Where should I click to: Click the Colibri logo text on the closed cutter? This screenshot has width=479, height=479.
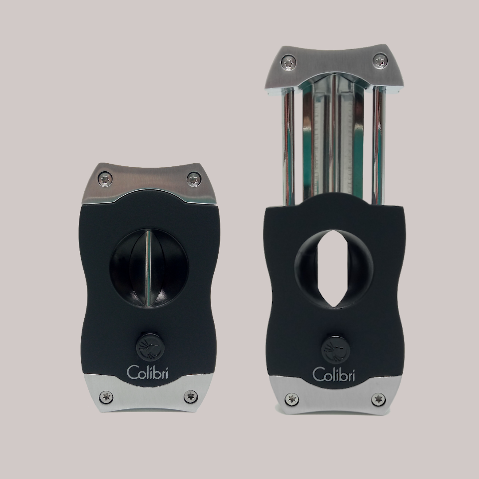148,372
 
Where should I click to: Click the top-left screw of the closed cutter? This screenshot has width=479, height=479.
106,179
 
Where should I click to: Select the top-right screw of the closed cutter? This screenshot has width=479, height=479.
193,179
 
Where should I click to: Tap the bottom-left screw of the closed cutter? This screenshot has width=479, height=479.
106,397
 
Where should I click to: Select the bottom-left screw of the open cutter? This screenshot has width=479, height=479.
291,399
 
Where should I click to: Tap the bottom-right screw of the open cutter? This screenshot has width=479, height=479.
378,399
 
